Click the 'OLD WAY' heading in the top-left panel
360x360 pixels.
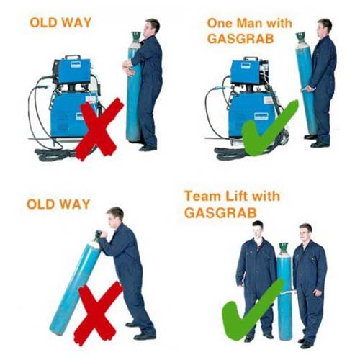(x=60, y=22)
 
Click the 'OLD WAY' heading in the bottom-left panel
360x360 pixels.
(x=58, y=204)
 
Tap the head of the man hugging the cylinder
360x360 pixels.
(x=152, y=28)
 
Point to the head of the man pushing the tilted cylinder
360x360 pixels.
(x=114, y=215)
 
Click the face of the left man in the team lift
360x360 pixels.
(x=258, y=230)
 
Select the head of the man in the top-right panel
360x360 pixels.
(x=325, y=27)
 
